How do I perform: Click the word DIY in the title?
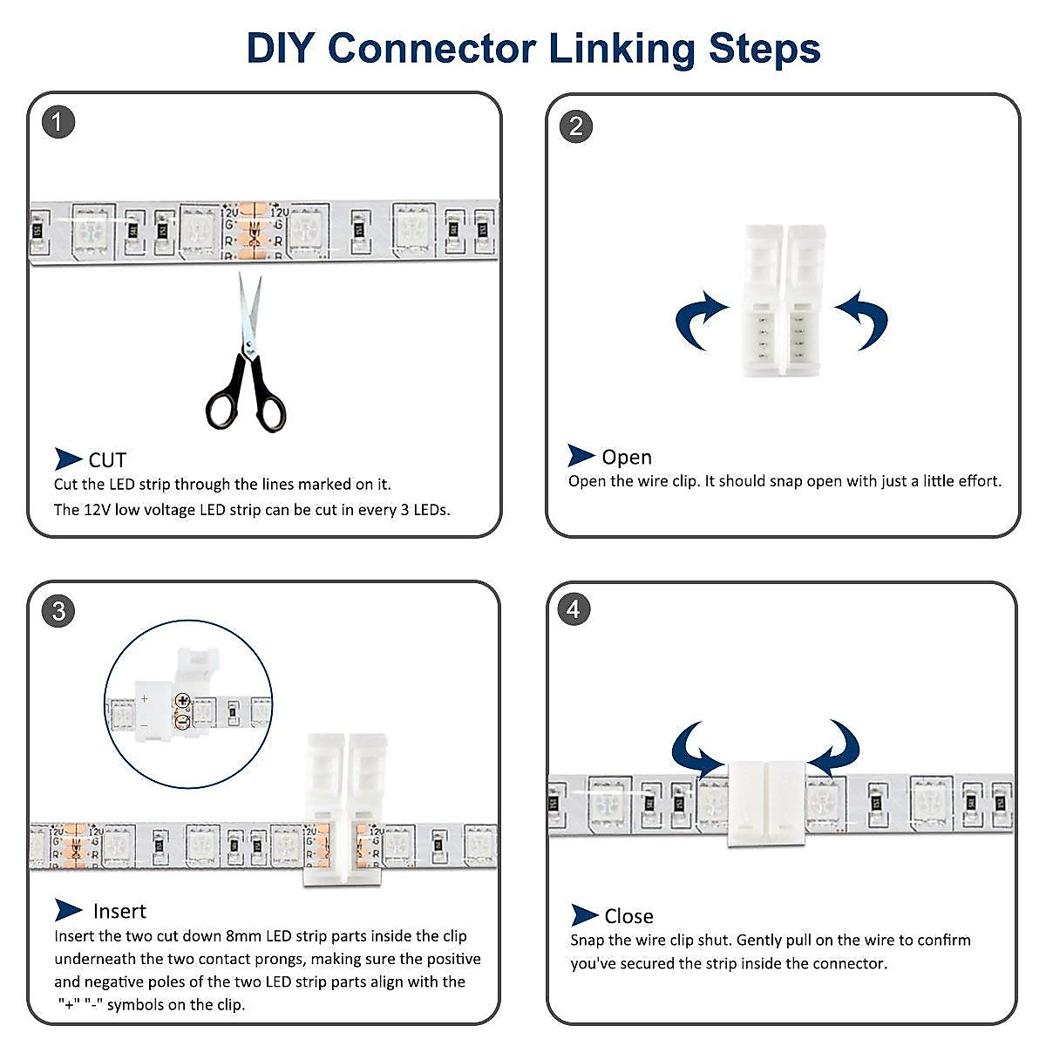279,48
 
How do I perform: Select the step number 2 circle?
575,126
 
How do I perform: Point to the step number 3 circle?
58,611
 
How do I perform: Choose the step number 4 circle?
574,608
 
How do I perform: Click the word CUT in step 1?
107,460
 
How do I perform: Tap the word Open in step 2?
627,457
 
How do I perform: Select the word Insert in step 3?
119,911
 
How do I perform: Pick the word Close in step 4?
628,916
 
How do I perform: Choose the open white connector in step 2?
782,301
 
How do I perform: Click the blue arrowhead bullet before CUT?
68,458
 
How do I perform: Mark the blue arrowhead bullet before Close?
584,915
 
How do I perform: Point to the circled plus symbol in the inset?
182,700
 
